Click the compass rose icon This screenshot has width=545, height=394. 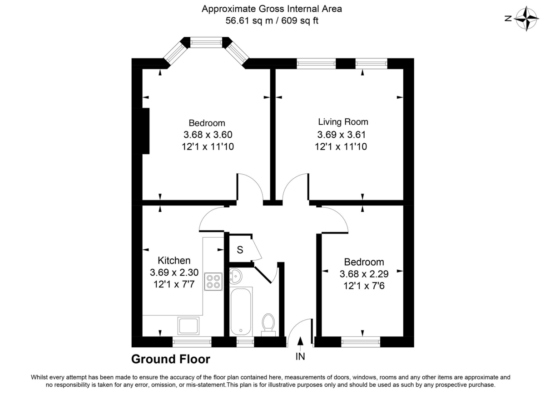(x=527, y=19)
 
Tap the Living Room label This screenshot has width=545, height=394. (x=343, y=122)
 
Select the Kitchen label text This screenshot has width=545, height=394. (x=173, y=261)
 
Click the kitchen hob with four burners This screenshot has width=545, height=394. (x=213, y=281)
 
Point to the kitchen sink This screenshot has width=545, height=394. (x=189, y=326)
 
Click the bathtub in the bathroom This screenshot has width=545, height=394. (x=240, y=311)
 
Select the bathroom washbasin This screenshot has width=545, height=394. (x=236, y=275)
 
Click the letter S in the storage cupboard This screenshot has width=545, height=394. (x=240, y=250)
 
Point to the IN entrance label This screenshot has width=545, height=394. (x=300, y=357)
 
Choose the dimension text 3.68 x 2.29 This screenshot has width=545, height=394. (x=362, y=274)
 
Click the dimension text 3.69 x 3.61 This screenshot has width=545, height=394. (x=341, y=135)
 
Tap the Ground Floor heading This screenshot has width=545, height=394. (x=171, y=360)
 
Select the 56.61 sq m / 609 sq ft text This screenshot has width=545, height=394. (x=272, y=20)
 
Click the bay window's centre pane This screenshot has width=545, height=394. (x=206, y=43)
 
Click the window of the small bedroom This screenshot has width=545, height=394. (x=360, y=342)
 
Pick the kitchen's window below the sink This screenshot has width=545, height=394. (x=192, y=342)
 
